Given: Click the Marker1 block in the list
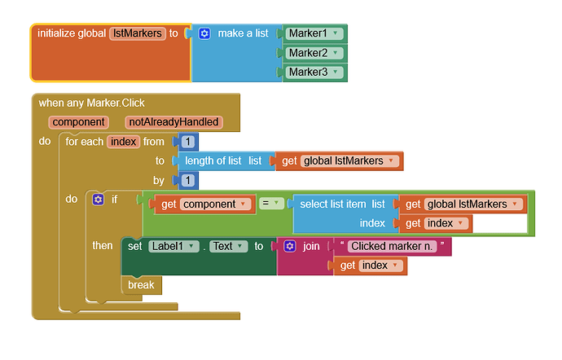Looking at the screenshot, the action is pyautogui.click(x=314, y=33).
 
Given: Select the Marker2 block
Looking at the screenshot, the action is pyautogui.click(x=314, y=53).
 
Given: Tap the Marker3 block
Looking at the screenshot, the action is pyautogui.click(x=314, y=72).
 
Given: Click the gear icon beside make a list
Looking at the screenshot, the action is pyautogui.click(x=204, y=33).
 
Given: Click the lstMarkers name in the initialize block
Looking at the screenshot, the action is pyautogui.click(x=138, y=33).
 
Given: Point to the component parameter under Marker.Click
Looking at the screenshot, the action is pyautogui.click(x=78, y=122).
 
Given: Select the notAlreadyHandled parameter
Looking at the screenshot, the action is pyautogui.click(x=173, y=122).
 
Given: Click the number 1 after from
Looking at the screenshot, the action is pyautogui.click(x=188, y=142).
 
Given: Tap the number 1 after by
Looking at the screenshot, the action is pyautogui.click(x=188, y=180).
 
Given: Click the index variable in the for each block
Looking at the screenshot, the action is pyautogui.click(x=123, y=142).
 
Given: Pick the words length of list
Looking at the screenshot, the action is pyautogui.click(x=213, y=161).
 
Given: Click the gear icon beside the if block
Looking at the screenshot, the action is pyautogui.click(x=99, y=200).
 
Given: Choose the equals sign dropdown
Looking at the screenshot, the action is pyautogui.click(x=271, y=204).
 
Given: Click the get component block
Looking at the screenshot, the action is pyautogui.click(x=204, y=204).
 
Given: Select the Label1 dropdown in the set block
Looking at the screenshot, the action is pyautogui.click(x=173, y=246).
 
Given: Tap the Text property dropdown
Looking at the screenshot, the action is pyautogui.click(x=229, y=246).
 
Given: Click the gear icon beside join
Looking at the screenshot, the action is pyautogui.click(x=290, y=246).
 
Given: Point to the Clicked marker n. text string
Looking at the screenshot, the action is pyautogui.click(x=392, y=246).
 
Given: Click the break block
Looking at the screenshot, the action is pyautogui.click(x=142, y=285).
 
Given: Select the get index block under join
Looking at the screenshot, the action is pyautogui.click(x=371, y=266).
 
